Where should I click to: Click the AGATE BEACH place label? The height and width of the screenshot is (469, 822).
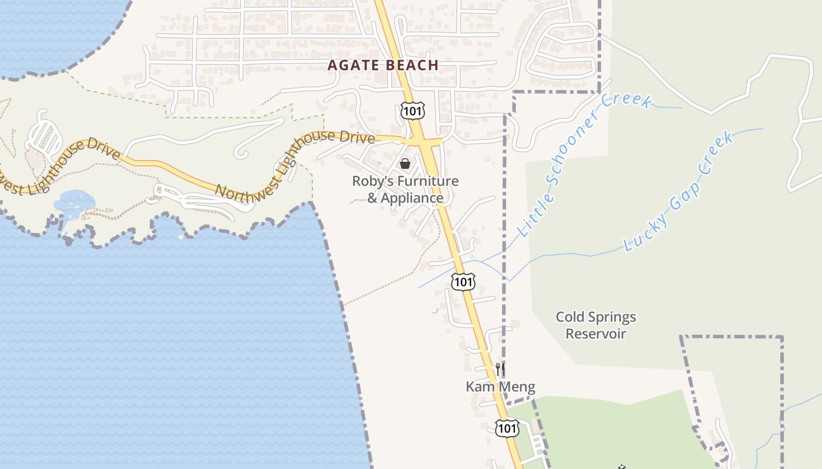tap(383, 65)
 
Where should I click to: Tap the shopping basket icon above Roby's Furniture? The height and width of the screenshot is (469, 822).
tap(405, 163)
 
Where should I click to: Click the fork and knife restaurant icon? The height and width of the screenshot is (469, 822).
tap(500, 369)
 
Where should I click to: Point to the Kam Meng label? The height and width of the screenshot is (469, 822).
tap(500, 387)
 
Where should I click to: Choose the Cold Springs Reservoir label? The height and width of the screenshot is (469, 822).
tap(595, 325)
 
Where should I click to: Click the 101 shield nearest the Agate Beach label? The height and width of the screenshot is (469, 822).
tap(412, 110)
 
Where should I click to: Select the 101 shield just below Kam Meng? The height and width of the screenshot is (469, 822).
tap(506, 428)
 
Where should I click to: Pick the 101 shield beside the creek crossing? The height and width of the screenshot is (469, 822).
tap(463, 282)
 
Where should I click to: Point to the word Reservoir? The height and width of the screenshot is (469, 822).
tap(595, 334)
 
